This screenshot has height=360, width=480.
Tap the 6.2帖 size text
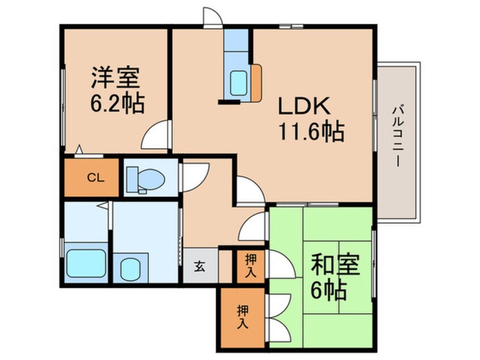[x=117, y=103]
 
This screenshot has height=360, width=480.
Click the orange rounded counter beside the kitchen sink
[x=256, y=82]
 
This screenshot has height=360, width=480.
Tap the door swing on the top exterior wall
[x=213, y=18]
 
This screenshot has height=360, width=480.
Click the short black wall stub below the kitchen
[x=229, y=102]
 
